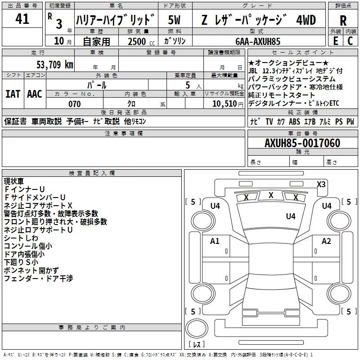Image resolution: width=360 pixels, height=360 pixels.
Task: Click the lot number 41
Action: [x=22, y=19]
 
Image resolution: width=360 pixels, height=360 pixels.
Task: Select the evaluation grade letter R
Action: [x=343, y=20]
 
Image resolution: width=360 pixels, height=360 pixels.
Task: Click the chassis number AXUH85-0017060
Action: [x=302, y=143]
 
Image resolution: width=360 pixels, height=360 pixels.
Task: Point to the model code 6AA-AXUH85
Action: [x=258, y=41]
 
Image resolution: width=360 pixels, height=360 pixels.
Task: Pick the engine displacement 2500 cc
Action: [x=137, y=41]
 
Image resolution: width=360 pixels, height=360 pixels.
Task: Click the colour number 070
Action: [x=74, y=104]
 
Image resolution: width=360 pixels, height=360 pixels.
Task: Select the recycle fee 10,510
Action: [x=224, y=104]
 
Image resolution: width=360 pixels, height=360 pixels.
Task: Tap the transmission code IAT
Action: [x=13, y=94]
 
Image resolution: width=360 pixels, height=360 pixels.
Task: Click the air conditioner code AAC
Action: [x=35, y=94]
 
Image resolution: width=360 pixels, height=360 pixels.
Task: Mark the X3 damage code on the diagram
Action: [x=321, y=184]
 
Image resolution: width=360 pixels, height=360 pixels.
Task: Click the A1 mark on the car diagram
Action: [x=215, y=241]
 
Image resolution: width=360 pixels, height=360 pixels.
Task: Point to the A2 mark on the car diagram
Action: [x=326, y=241]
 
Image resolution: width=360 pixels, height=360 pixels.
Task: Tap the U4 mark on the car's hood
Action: [x=291, y=216]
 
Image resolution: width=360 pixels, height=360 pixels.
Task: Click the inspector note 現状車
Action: [x=13, y=181]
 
